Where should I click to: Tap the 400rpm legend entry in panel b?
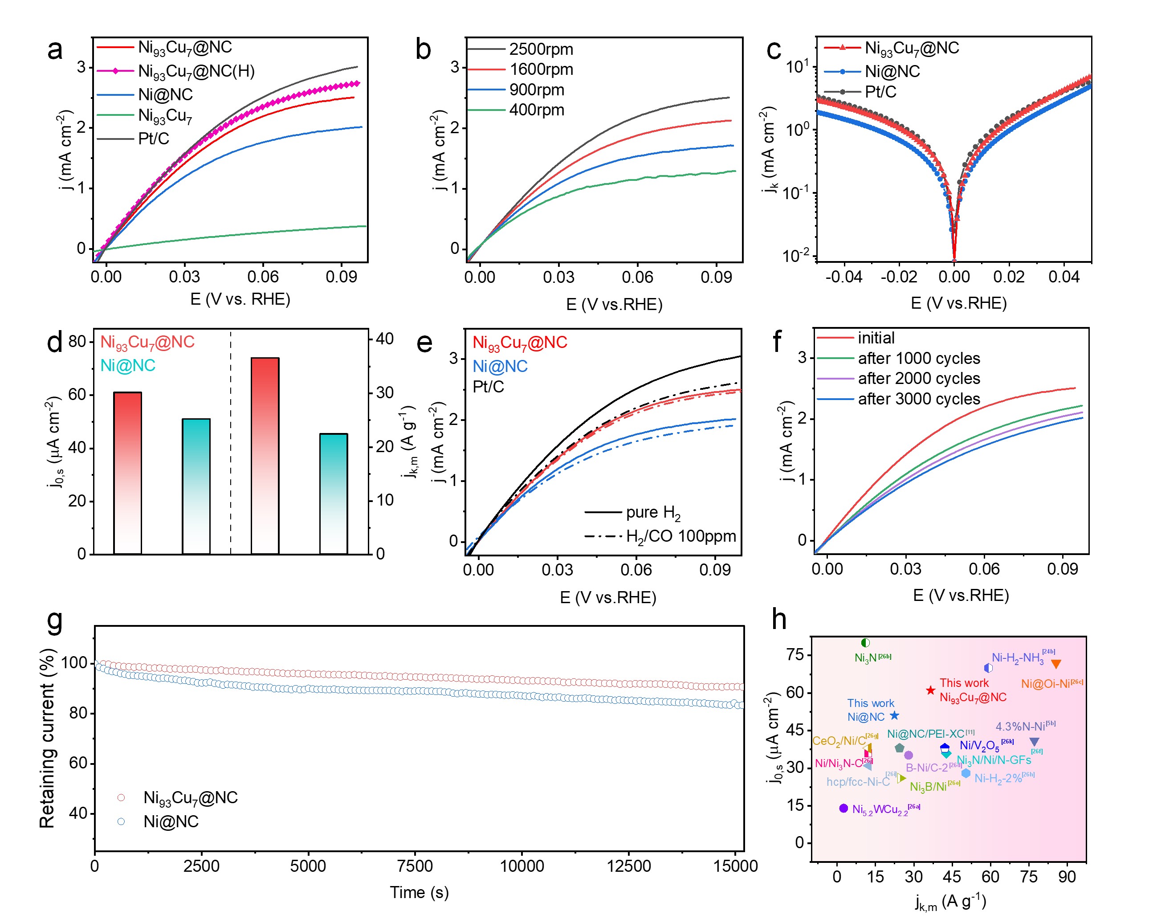coord(536,110)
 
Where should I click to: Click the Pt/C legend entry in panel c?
coord(880,92)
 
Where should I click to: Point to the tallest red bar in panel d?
coord(265,455)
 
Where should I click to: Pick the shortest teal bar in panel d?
coord(334,494)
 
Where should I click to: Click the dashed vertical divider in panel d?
coord(231,442)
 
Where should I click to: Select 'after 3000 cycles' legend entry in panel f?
coord(918,399)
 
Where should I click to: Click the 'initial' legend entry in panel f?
coord(876,338)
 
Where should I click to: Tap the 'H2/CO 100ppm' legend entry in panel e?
coord(680,536)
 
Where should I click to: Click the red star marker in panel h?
coord(930,690)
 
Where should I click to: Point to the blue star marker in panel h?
coord(894,715)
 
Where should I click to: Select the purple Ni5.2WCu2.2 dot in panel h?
coord(843,808)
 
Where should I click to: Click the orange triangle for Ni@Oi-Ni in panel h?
coord(1056,664)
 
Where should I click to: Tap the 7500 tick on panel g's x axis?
coord(415,866)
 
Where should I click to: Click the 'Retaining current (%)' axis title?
coord(47,738)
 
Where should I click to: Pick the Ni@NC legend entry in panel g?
coord(171,821)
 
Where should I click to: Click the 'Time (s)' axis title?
coord(419,892)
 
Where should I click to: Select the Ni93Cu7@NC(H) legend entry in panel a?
coord(196,71)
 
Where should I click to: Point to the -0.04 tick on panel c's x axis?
coord(843,277)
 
